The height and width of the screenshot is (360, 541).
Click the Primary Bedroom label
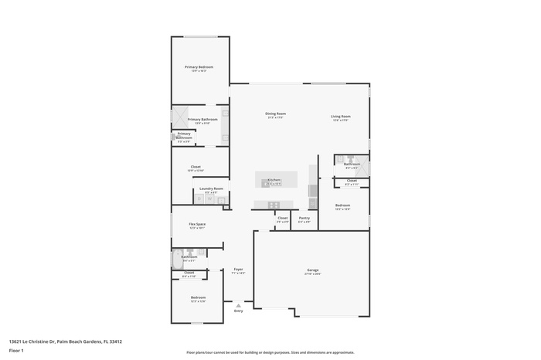pyautogui.click(x=199, y=67)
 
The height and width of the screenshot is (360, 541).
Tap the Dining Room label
pyautogui.click(x=275, y=114)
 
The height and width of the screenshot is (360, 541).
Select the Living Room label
pyautogui.click(x=341, y=116)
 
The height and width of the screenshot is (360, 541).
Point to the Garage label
pyautogui.click(x=311, y=270)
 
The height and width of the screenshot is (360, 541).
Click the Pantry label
pyautogui.click(x=304, y=218)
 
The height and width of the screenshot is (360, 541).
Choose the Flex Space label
pyautogui.click(x=197, y=224)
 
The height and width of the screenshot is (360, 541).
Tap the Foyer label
pyautogui.click(x=239, y=269)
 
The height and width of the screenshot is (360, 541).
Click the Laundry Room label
pyautogui.click(x=211, y=188)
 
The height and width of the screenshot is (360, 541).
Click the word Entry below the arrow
pyautogui.click(x=238, y=311)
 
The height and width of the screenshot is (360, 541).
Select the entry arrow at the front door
pyautogui.click(x=238, y=304)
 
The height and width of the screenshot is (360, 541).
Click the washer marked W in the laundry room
pyautogui.click(x=209, y=199)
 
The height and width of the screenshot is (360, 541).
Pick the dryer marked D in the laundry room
pyautogui.click(x=199, y=199)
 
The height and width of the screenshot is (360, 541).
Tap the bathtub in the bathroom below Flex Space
pyautogui.click(x=177, y=257)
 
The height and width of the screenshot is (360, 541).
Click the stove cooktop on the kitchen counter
pyautogui.click(x=273, y=205)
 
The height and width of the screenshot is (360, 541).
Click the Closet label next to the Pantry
pyautogui.click(x=282, y=218)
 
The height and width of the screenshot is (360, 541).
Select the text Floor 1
pyautogui.click(x=16, y=351)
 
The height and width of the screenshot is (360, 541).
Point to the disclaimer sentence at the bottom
pyautogui.click(x=270, y=352)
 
